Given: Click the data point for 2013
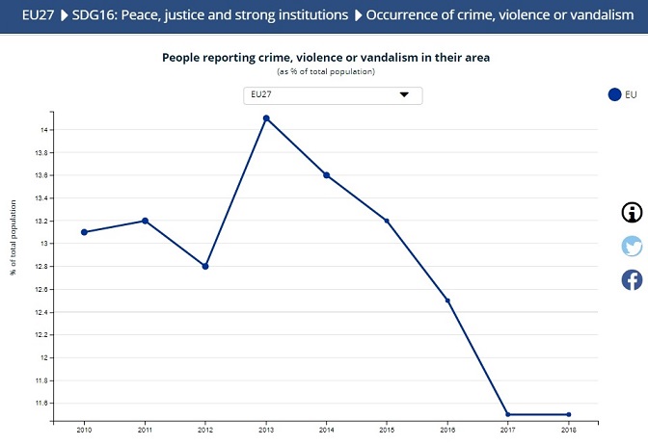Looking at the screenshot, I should coord(266,118).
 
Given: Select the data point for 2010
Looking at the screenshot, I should coord(84,232).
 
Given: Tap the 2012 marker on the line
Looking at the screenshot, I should coord(205,266).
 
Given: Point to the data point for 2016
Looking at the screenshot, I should coord(447,301).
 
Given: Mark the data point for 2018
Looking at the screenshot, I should coord(569,414).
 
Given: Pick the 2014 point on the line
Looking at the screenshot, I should coord(327,175).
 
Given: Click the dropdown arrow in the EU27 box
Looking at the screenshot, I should coord(404,94).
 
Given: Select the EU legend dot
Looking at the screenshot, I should coord(614,94).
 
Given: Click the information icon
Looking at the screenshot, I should coord(632,213).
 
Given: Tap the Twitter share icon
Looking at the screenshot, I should coord(632,246).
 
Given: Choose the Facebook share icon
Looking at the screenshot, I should coord(632,279).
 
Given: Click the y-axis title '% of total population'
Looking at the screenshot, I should coord(14,237).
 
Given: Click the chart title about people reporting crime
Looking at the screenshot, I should coord(325,58).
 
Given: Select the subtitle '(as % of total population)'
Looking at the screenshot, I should coord(325,72).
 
